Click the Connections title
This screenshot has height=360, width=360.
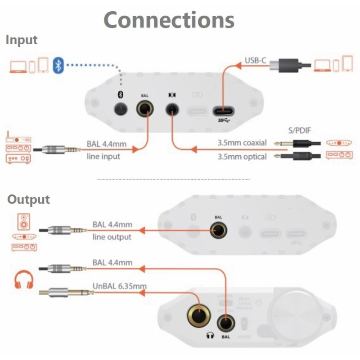pos(169,20)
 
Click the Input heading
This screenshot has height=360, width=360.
pos(22,40)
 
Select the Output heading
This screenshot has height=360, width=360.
pos(28,199)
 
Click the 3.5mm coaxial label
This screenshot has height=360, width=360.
pos(242,143)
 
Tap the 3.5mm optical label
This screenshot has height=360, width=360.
pos(242,157)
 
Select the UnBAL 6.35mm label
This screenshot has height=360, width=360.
pos(119,285)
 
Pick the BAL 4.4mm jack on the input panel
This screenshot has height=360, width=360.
pos(145,109)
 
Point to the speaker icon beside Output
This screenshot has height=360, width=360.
pos(23,222)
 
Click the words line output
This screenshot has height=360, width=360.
pos(112,237)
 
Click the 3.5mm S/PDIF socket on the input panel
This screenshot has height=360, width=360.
pos(171,109)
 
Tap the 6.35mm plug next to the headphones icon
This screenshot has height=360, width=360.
pos(67,293)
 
